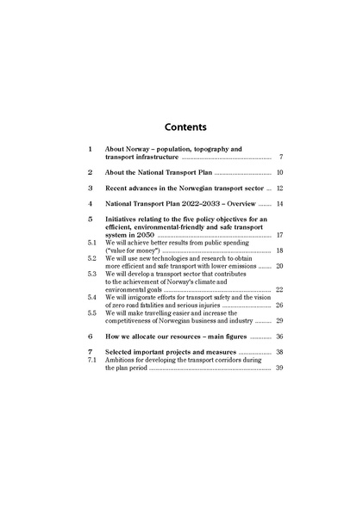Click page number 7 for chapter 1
281,158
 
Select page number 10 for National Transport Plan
279,173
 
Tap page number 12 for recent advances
279,188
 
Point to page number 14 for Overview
279,204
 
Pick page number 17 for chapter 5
279,235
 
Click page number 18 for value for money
279,250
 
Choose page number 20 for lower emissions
279,266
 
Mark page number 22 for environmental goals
279,290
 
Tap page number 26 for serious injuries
279,306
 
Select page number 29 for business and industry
279,321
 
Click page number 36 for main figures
279,337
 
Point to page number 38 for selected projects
279,353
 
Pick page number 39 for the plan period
279,368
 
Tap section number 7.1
92,361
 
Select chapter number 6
90,337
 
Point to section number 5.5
92,313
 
